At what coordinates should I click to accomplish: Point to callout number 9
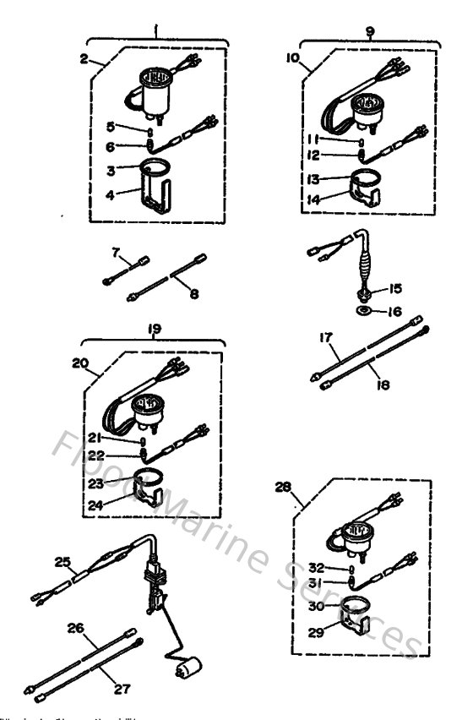[369, 30]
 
